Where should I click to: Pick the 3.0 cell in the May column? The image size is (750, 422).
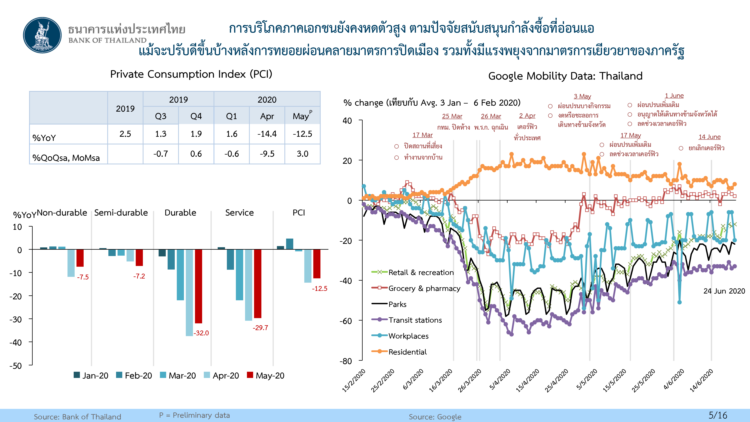302,154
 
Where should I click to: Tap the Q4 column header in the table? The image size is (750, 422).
196,116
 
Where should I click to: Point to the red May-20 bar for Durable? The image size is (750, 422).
199,286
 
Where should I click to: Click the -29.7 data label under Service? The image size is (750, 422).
260,328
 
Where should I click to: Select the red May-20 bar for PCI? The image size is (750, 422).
317,264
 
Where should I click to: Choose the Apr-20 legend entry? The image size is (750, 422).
221,375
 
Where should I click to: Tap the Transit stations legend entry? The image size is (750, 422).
415,320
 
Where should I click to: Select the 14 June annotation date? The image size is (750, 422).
709,137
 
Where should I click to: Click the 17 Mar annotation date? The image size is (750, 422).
422,135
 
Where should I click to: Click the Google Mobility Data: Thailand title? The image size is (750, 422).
565,76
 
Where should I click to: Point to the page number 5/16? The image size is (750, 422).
718,415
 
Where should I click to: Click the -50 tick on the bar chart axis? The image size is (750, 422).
16,366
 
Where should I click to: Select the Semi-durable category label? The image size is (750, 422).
121,213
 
